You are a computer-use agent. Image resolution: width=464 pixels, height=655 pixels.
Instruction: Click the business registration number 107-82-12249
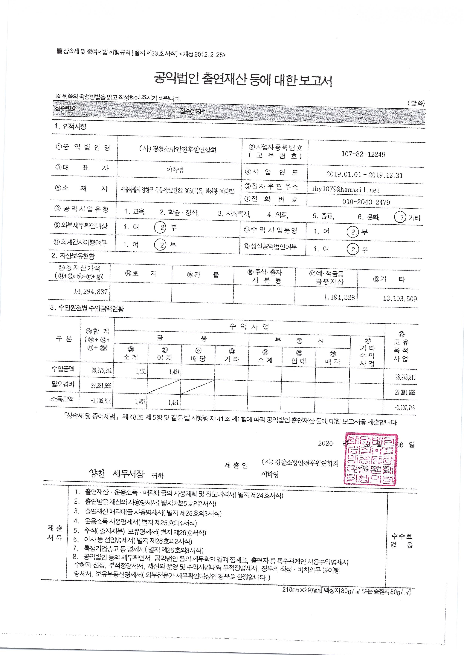click(x=363, y=154)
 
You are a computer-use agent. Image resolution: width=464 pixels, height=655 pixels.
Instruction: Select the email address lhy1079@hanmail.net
click(x=346, y=190)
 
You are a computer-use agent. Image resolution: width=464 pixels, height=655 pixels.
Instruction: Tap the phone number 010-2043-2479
click(x=366, y=202)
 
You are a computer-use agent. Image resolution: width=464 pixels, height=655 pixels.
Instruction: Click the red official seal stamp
click(x=371, y=459)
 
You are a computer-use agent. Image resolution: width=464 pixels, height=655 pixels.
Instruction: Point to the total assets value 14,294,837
click(x=91, y=291)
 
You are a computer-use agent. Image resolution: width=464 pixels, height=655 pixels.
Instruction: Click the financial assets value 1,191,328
click(x=339, y=297)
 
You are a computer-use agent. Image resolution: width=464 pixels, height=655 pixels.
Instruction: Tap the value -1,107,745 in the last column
click(x=405, y=408)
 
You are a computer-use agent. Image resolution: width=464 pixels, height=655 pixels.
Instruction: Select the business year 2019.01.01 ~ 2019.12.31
click(x=364, y=175)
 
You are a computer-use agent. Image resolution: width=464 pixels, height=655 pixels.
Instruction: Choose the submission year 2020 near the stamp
click(x=325, y=443)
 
